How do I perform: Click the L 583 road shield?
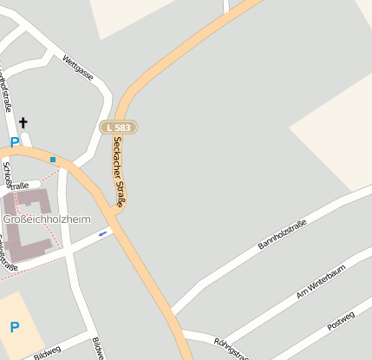[119, 128]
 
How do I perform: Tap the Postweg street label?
[341, 322]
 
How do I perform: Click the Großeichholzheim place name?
[47, 219]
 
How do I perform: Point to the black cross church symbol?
[23, 123]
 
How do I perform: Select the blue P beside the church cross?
[14, 141]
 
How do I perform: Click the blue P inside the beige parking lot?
[14, 327]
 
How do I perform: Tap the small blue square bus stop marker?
[53, 160]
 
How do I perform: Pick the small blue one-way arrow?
[102, 232]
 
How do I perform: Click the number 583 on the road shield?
[123, 128]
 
